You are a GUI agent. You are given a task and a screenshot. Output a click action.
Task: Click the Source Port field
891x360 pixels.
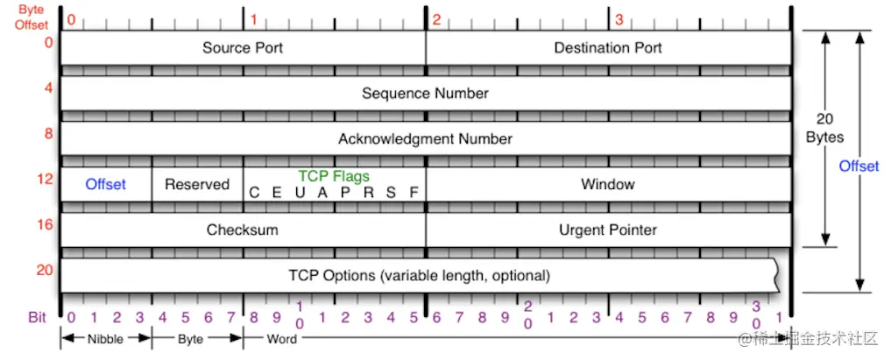[243, 47]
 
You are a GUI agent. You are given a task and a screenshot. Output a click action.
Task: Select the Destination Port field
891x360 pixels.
[608, 47]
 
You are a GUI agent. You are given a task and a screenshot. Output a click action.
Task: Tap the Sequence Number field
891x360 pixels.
[425, 93]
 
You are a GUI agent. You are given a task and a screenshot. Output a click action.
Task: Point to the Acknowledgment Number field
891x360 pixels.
[425, 138]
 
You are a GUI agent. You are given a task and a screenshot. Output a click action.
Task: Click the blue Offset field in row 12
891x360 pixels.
[105, 184]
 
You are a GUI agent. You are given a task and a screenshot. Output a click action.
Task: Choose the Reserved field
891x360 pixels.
[197, 184]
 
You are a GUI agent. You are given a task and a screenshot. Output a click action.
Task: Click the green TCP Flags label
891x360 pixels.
[334, 176]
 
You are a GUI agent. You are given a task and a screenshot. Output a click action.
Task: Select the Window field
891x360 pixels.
[608, 184]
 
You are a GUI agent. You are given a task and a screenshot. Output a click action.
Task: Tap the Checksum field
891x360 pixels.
[242, 229]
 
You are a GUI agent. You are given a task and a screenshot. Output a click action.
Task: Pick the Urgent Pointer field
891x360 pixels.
[608, 229]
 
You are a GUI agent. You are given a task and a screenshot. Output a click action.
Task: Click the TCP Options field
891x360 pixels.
[419, 275]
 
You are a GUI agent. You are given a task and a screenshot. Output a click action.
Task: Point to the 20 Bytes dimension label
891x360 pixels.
[825, 128]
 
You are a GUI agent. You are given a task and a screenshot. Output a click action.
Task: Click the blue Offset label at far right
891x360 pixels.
[859, 166]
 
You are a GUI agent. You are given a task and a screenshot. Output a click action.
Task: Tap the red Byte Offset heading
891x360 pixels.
[32, 18]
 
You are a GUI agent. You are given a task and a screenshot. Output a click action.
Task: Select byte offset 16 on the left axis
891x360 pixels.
[44, 225]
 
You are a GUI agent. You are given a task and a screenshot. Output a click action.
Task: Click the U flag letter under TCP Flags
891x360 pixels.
[300, 193]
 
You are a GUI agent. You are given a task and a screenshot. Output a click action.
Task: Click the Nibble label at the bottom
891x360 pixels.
[106, 338]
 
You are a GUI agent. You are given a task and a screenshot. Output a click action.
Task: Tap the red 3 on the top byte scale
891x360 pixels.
[619, 19]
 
